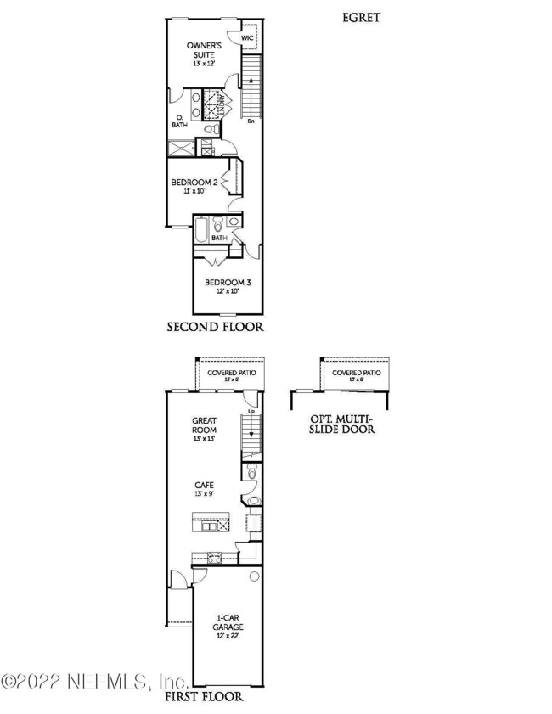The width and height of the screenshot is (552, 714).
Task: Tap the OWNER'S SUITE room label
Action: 205,52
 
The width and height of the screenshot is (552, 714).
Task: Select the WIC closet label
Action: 248,38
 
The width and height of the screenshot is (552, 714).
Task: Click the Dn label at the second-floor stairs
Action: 251,121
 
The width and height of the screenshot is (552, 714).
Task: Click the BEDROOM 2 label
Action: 195,183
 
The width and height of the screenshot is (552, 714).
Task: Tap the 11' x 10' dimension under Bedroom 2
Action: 195,192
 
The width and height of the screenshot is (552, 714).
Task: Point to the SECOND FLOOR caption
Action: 215,326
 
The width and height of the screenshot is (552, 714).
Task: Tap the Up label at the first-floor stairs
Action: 251,412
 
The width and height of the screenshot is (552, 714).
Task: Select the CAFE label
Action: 202,483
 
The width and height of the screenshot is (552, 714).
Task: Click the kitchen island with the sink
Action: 211,525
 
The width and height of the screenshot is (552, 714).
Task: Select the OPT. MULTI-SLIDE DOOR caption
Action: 342,424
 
